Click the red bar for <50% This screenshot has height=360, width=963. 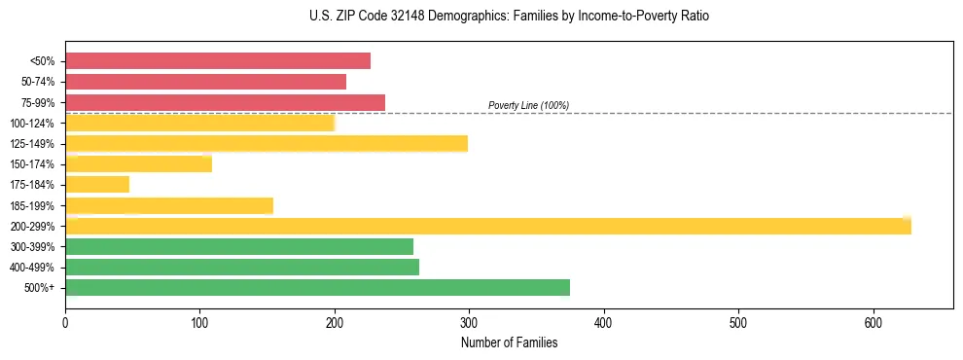click(218, 61)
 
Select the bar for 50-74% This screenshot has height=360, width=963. click(205, 82)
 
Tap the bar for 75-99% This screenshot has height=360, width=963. click(225, 102)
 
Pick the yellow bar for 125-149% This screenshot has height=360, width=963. click(266, 144)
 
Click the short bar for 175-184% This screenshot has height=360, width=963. click(97, 185)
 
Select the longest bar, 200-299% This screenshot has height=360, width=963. click(487, 226)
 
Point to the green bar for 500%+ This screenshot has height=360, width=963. click(317, 288)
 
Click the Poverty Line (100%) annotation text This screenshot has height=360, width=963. click(528, 105)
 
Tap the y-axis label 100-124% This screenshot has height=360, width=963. click(32, 124)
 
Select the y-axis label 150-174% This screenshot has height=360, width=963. click(32, 164)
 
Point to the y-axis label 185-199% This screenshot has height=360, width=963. click(32, 206)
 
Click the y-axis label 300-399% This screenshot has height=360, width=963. click(32, 247)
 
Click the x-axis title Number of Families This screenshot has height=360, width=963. click(509, 342)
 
